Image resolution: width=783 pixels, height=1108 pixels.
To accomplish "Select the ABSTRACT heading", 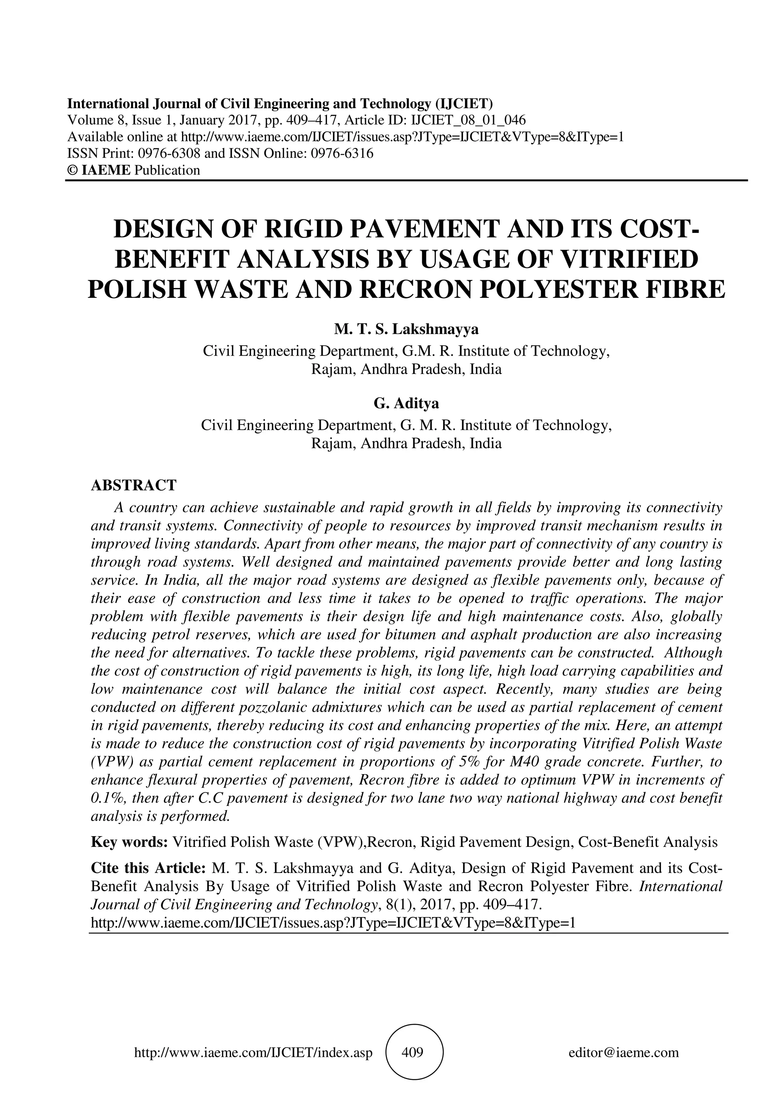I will coord(134,485).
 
